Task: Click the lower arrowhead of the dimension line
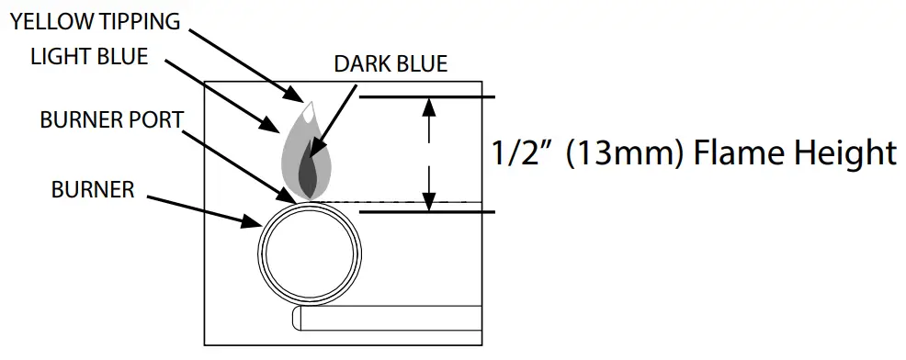click(427, 201)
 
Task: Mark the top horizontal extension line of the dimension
click(426, 96)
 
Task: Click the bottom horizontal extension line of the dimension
click(426, 212)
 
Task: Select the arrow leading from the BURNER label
click(202, 208)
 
